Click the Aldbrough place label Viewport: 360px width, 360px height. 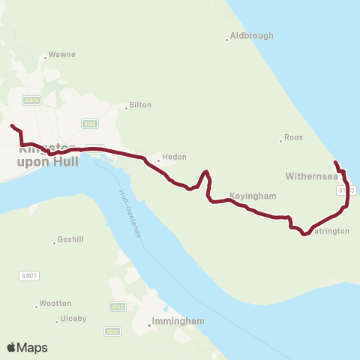point(251,35)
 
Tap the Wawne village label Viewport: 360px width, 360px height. point(61,55)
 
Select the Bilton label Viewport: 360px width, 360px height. point(140,105)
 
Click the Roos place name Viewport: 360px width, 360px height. point(293,139)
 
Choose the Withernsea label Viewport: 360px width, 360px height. point(310,176)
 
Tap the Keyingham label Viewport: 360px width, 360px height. point(253,196)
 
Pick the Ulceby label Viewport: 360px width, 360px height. point(73,319)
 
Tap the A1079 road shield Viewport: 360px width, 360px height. point(31,100)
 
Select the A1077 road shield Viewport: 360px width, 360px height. point(28,276)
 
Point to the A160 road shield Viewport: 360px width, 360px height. point(116,307)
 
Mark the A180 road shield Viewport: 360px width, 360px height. point(113,331)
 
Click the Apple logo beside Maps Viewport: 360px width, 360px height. point(11,347)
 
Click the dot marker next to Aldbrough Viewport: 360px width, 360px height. point(226,39)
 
